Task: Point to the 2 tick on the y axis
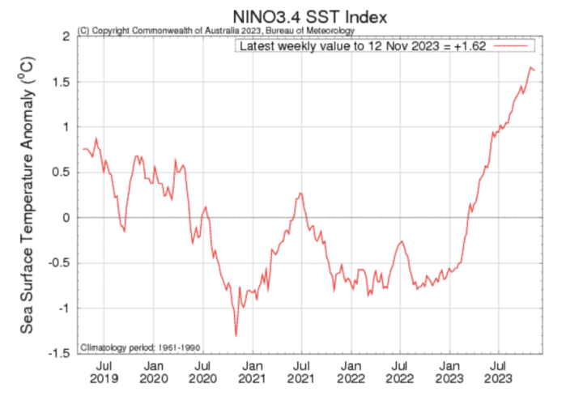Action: [x=64, y=36]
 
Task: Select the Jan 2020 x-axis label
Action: [x=154, y=373]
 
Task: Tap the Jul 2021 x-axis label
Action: [x=300, y=373]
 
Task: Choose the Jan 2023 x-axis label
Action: [x=449, y=373]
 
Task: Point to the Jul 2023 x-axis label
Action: [x=497, y=373]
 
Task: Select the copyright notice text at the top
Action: [x=215, y=30]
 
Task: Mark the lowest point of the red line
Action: [x=236, y=335]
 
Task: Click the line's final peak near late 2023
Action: [x=531, y=67]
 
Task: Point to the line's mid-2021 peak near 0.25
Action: [x=300, y=193]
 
